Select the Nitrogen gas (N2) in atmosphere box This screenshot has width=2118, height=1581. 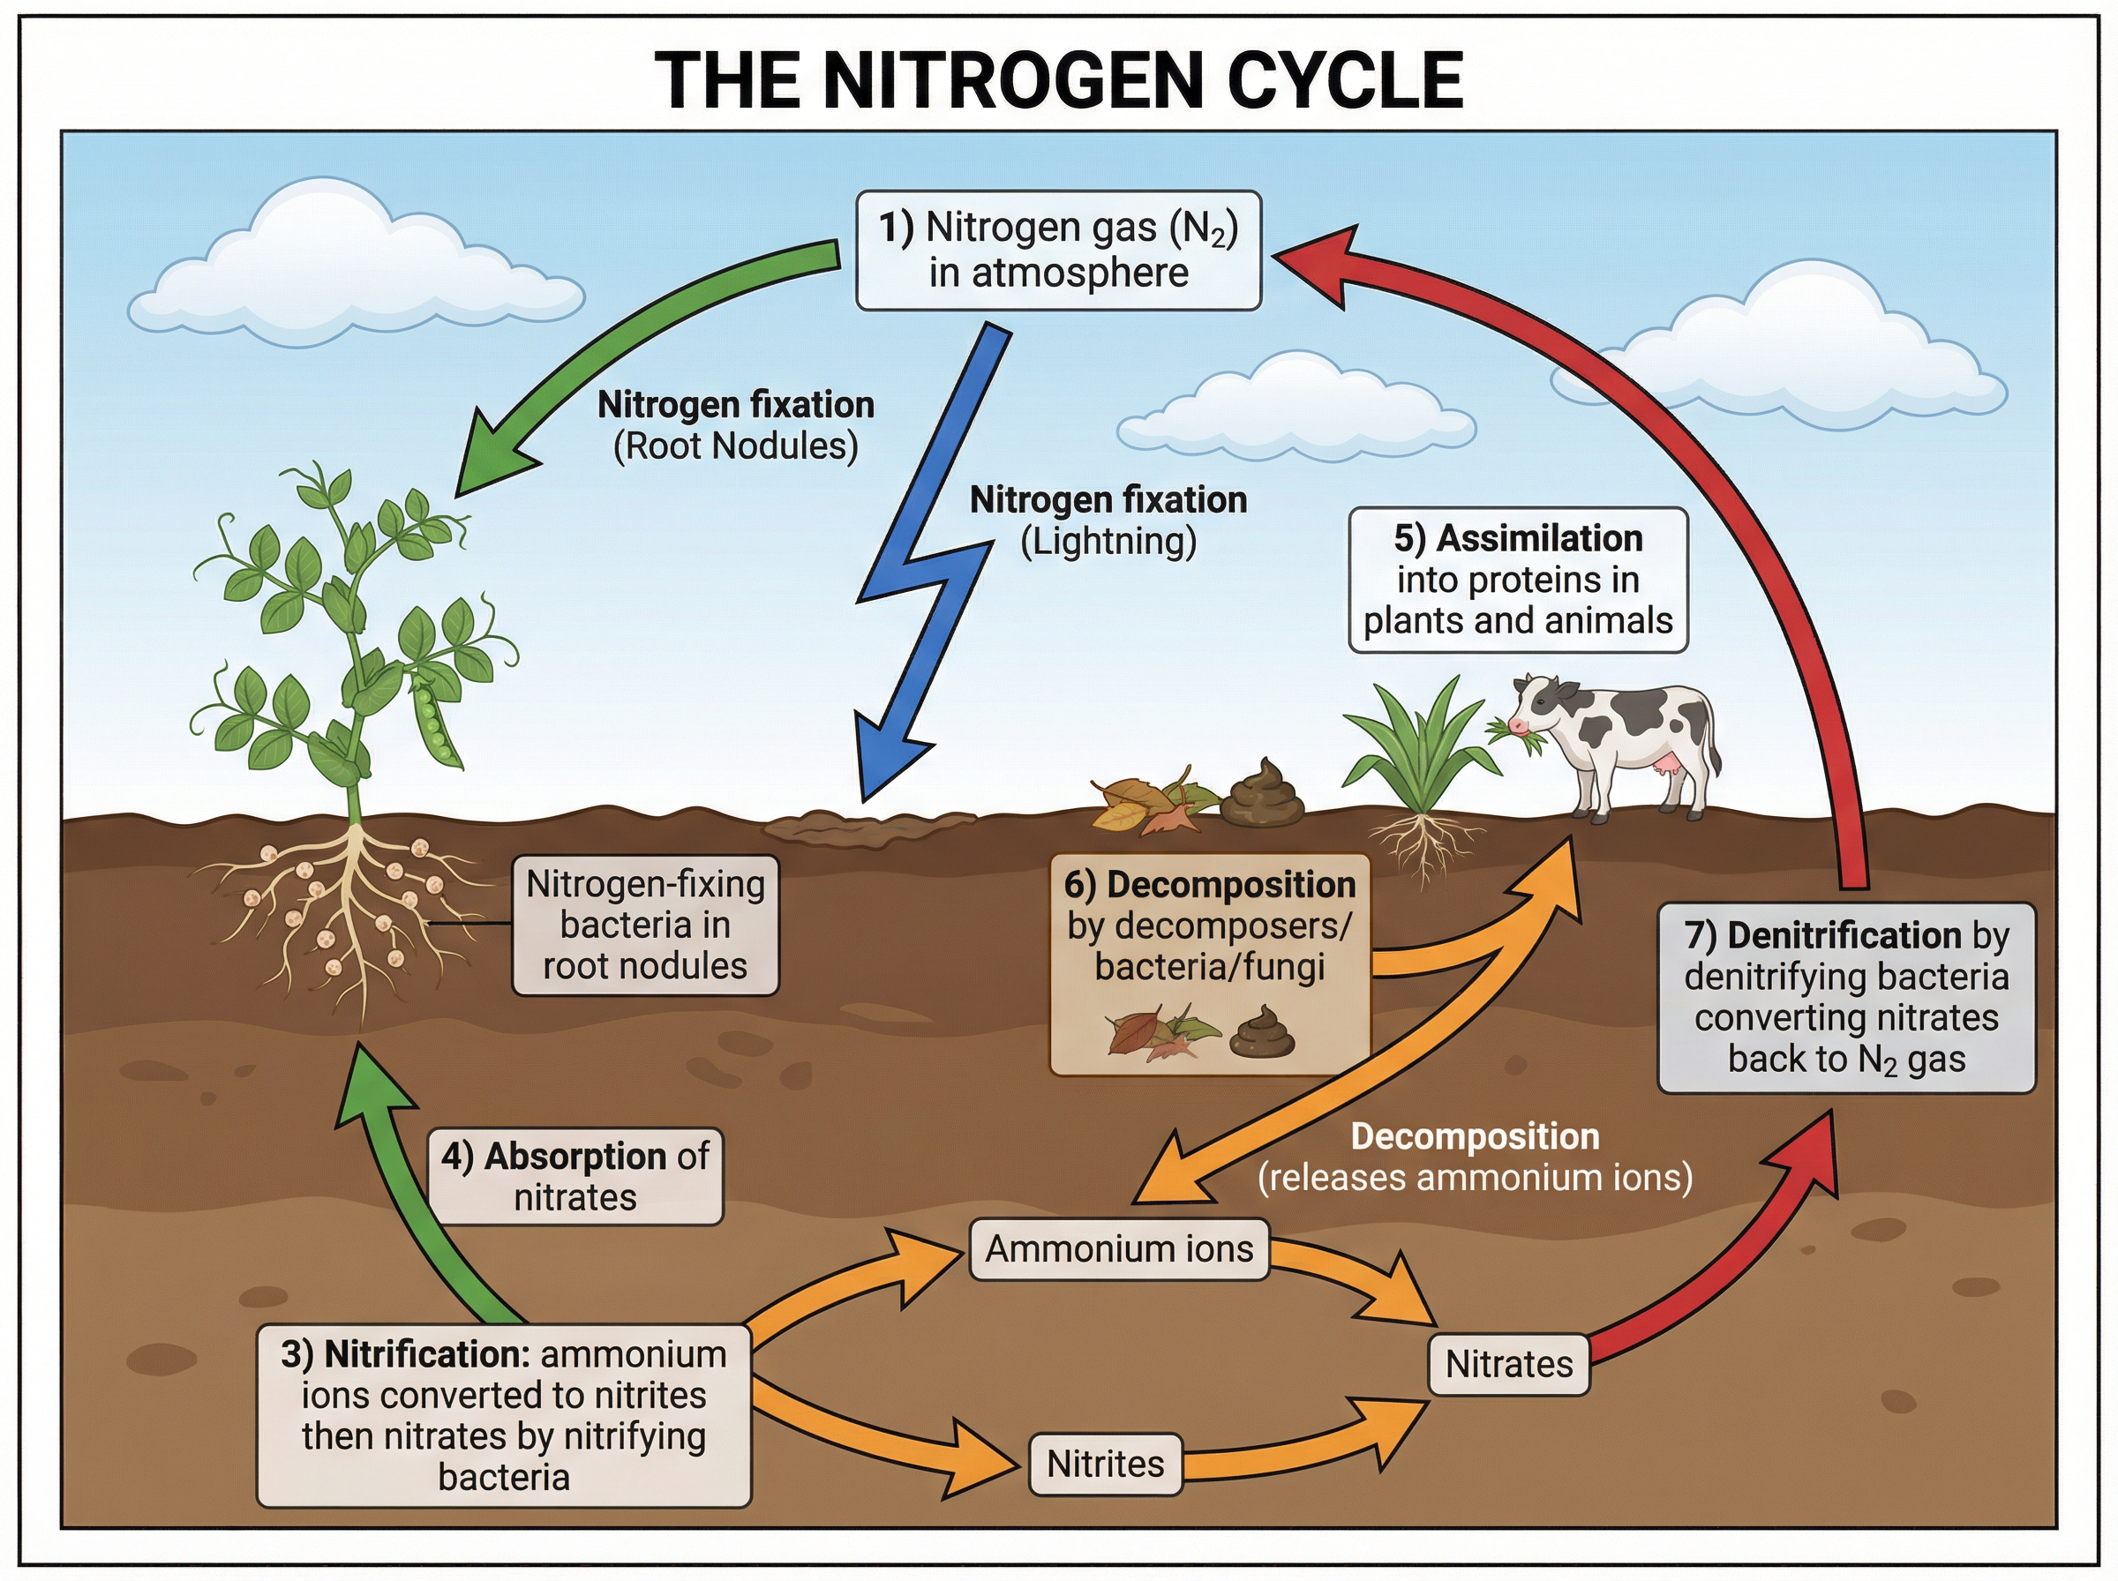pyautogui.click(x=1057, y=251)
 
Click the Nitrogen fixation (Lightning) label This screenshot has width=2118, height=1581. pyautogui.click(x=1108, y=521)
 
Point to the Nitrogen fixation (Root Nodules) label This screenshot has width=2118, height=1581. pyautogui.click(x=735, y=425)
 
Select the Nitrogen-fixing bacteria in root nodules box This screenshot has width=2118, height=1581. pyautogui.click(x=645, y=925)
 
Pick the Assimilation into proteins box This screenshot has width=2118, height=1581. pyautogui.click(x=1517, y=580)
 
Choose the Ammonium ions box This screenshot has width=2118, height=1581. pyautogui.click(x=1119, y=1249)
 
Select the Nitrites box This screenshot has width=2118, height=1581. pyautogui.click(x=1106, y=1464)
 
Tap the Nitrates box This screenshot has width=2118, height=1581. pyautogui.click(x=1508, y=1364)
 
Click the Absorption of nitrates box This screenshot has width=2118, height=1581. pyautogui.click(x=575, y=1176)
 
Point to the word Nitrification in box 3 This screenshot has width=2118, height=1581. pyautogui.click(x=426, y=1354)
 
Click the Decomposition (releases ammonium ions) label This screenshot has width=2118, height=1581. pyautogui.click(x=1474, y=1157)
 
